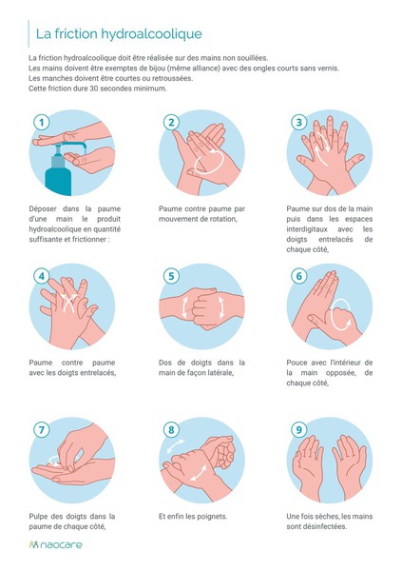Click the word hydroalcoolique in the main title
pyautogui.click(x=151, y=34)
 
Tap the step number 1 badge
pyautogui.click(x=42, y=123)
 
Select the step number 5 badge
pyautogui.click(x=171, y=276)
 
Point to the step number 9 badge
pyautogui.click(x=299, y=430)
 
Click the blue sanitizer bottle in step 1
pyautogui.click(x=57, y=171)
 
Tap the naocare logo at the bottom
pyautogui.click(x=56, y=544)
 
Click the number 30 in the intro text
pyautogui.click(x=93, y=89)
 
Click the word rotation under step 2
pyautogui.click(x=222, y=219)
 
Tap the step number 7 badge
pyautogui.click(x=42, y=430)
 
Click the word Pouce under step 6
pyautogui.click(x=297, y=363)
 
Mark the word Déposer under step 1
pyautogui.click(x=43, y=209)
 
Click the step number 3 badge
pyautogui.click(x=299, y=123)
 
